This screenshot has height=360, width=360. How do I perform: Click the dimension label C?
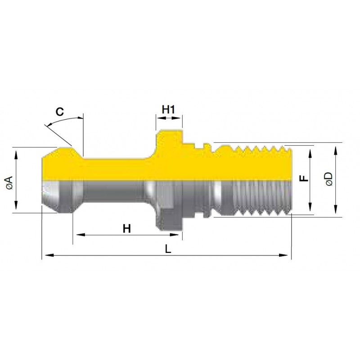(x=60, y=112)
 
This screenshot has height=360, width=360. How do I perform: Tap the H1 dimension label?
(x=168, y=109)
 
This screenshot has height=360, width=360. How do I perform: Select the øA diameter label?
(x=9, y=183)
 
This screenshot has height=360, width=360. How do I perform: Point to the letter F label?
(x=304, y=178)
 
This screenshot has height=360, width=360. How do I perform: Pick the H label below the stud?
(x=127, y=229)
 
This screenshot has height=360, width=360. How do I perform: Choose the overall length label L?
(x=168, y=249)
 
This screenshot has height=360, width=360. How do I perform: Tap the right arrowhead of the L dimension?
(x=283, y=255)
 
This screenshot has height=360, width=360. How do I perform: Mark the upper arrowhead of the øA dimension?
(x=16, y=155)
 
